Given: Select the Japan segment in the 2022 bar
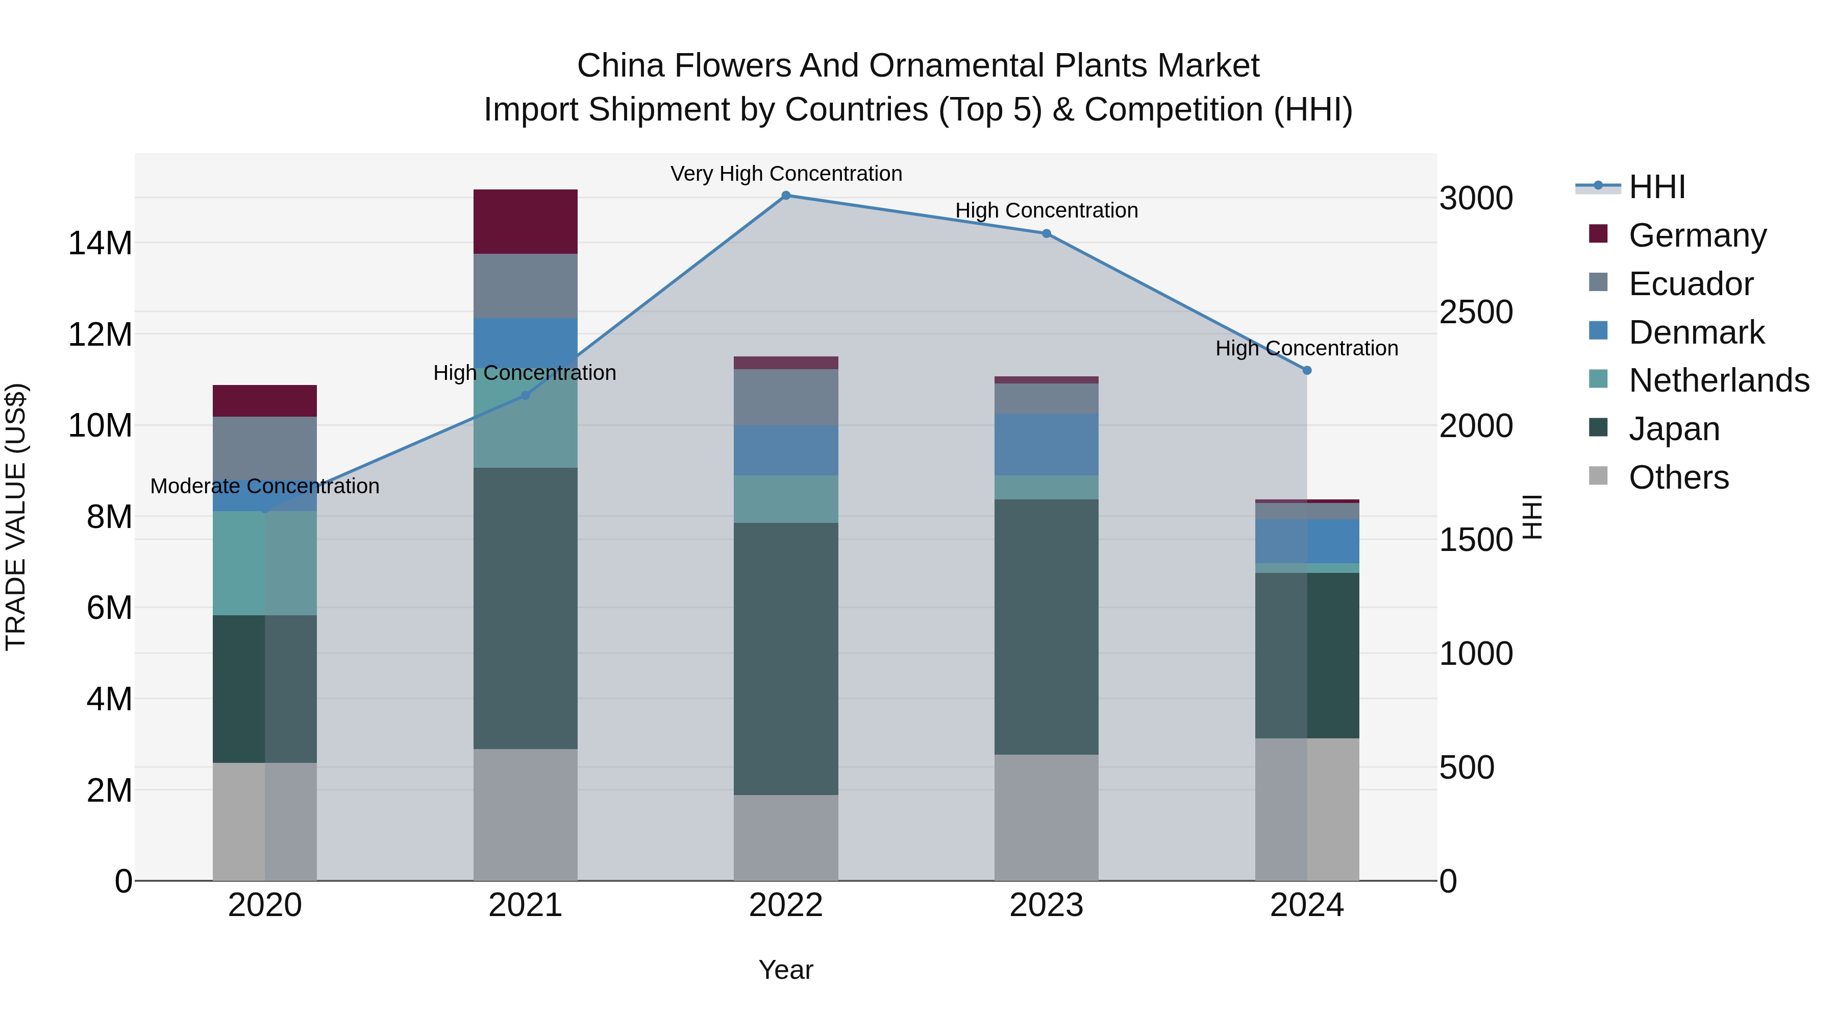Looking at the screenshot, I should tap(785, 658).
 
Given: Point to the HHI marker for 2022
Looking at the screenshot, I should tap(785, 196).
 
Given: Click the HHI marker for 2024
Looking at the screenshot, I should tap(1306, 370).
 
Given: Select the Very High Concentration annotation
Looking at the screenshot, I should tap(786, 174).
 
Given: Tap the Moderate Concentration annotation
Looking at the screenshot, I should tap(264, 487).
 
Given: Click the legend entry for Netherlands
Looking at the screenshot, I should tap(1719, 380).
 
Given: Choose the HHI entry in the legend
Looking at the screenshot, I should tap(1656, 187).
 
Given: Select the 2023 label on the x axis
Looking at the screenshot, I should tap(1046, 905).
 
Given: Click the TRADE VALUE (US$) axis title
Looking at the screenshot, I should tap(16, 517).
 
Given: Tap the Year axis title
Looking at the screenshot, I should tap(785, 970).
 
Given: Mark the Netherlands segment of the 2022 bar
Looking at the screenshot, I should tap(785, 499).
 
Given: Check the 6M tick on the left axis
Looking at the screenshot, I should tap(109, 608).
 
